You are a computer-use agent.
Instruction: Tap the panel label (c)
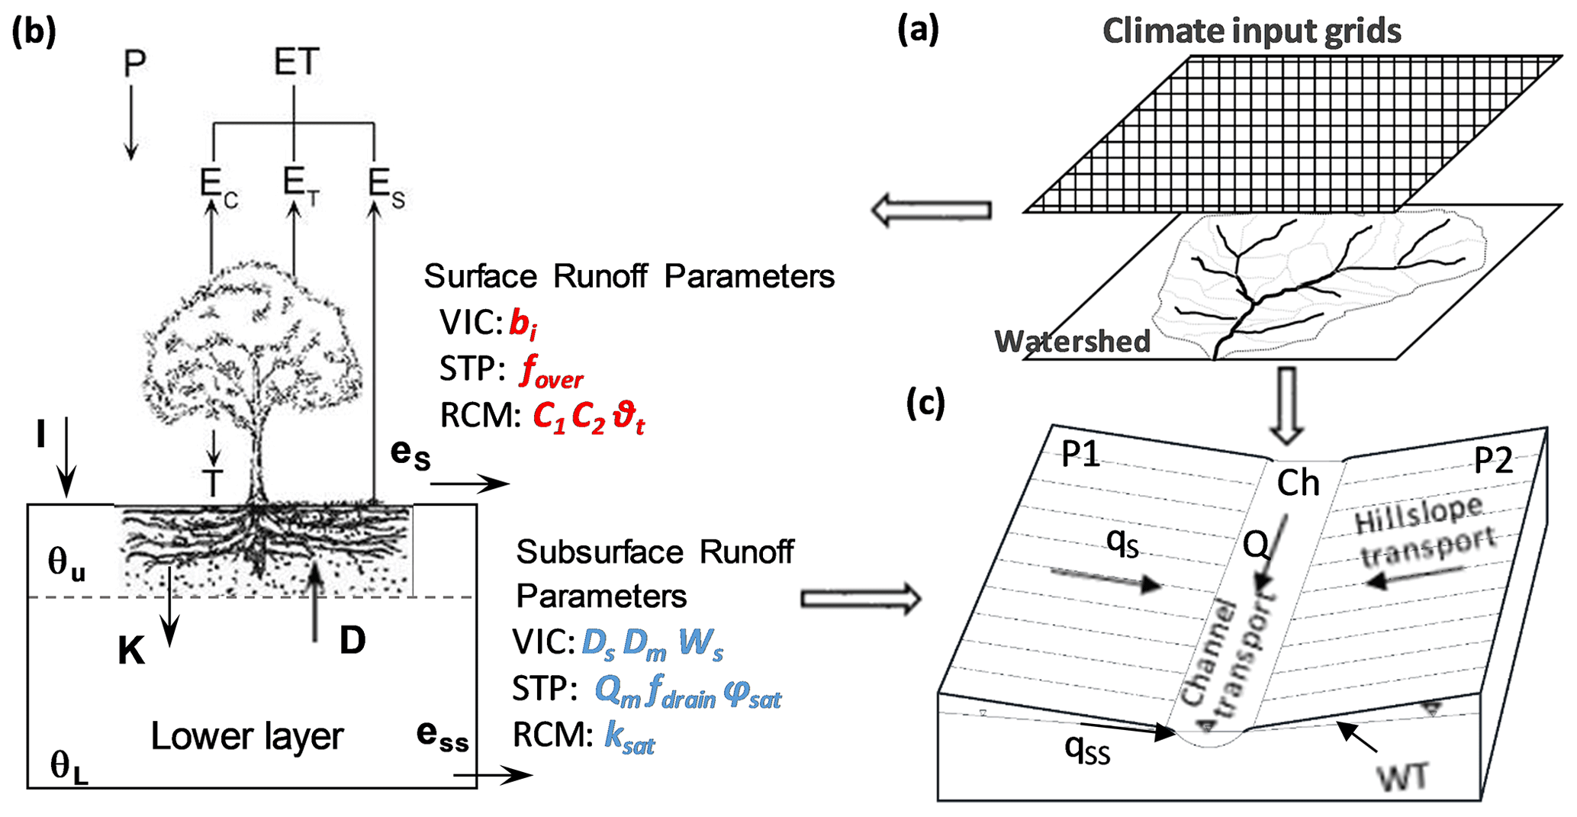coord(925,402)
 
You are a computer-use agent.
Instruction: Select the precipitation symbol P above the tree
coord(134,64)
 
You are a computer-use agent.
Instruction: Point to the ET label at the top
coord(297,62)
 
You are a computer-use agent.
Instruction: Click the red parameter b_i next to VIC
coord(523,324)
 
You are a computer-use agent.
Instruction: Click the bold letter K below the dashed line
coord(131,651)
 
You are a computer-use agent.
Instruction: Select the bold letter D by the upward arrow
coord(352,642)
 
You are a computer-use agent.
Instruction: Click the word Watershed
coord(1072,341)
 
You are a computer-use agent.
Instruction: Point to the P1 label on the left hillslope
coord(1080,455)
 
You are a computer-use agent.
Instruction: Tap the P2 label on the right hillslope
coord(1492,460)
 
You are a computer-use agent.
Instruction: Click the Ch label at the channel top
coord(1298,483)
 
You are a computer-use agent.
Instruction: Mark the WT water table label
coord(1402,778)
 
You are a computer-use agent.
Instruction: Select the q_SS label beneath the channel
coord(1087,749)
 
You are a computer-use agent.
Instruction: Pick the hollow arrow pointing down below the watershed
coord(1287,405)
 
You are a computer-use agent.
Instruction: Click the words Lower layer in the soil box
coord(246,736)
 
